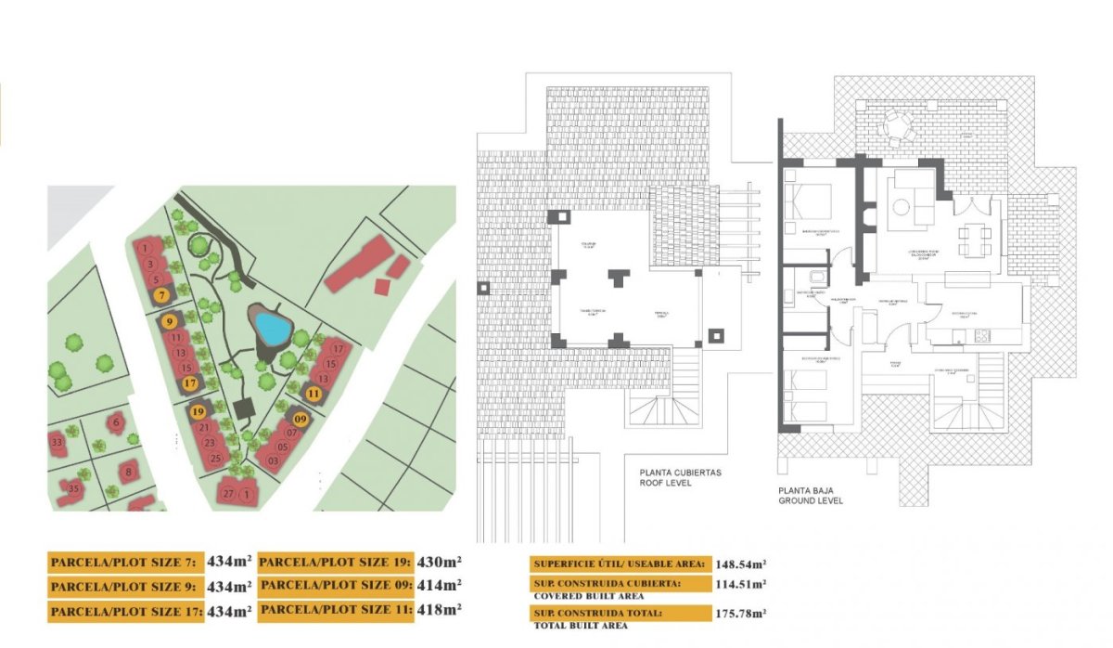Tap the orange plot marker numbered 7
pos(162,295)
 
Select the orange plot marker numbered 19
pos(197,411)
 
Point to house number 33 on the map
pos(58,442)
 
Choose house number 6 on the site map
pos(117,423)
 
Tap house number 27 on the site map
pos(228,494)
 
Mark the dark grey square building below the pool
pos(246,408)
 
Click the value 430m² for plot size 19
pos(441,562)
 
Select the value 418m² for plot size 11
pos(441,609)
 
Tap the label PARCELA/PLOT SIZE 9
pos(124,587)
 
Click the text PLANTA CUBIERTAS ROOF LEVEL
pos(680,477)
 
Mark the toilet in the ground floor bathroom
pos(815,275)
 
